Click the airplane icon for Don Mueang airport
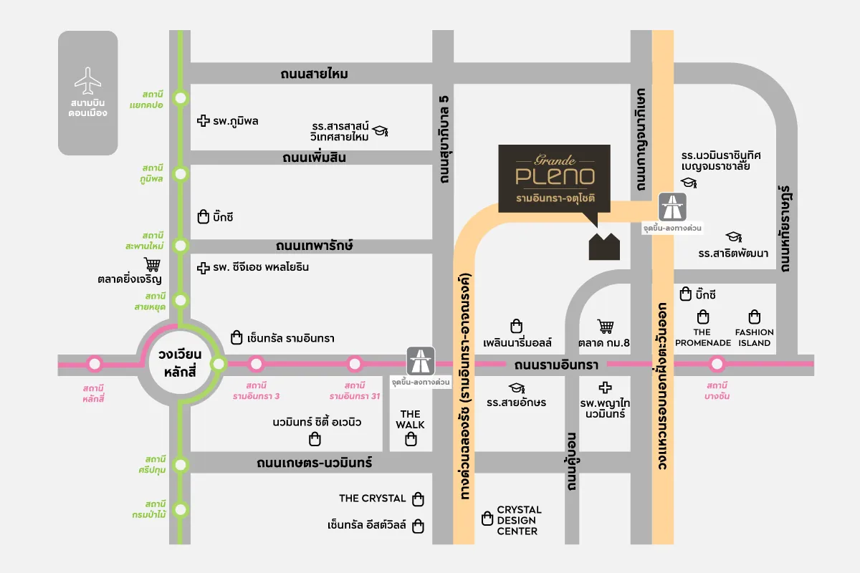[x=88, y=80]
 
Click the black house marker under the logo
[x=604, y=246]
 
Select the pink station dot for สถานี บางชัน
[x=717, y=365]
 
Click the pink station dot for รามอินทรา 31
[x=353, y=365]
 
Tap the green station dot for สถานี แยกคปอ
[x=181, y=98]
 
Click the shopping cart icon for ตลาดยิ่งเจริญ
[x=152, y=264]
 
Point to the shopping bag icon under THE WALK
[x=411, y=440]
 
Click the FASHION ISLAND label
[x=755, y=337]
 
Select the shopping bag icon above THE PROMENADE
[x=703, y=317]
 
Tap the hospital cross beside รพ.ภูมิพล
[x=203, y=121]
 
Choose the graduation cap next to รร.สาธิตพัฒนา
[x=733, y=237]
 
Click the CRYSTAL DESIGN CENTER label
[x=520, y=521]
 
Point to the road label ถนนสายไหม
[x=315, y=74]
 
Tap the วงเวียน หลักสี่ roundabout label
[x=181, y=365]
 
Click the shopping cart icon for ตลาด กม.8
[x=606, y=327]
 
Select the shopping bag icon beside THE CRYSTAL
[x=419, y=499]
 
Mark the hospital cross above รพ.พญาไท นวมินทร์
[x=606, y=387]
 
